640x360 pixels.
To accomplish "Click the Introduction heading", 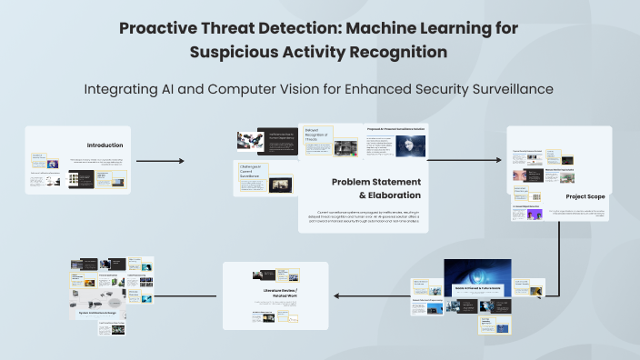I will click(105, 145).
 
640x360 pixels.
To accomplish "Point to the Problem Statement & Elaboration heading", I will click(375, 188).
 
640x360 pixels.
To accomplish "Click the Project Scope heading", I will click(585, 195).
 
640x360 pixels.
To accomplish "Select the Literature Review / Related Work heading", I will click(275, 293).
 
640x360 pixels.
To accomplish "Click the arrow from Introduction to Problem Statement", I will click(159, 161).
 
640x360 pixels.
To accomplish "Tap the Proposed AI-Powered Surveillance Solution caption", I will click(395, 129).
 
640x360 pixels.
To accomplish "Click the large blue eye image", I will click(477, 272).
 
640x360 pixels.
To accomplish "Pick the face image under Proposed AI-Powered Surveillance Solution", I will click(396, 146).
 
